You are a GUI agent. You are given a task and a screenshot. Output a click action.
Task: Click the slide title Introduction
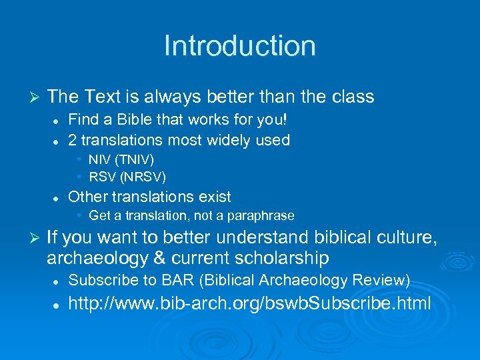pos(239,46)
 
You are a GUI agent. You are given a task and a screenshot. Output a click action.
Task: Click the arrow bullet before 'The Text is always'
pos(36,97)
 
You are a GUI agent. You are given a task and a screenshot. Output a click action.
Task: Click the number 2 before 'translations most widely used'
pos(73,140)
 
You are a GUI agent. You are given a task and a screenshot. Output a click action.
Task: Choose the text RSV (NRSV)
pos(127,177)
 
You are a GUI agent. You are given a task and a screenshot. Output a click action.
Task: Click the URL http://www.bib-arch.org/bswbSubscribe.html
pos(249,304)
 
